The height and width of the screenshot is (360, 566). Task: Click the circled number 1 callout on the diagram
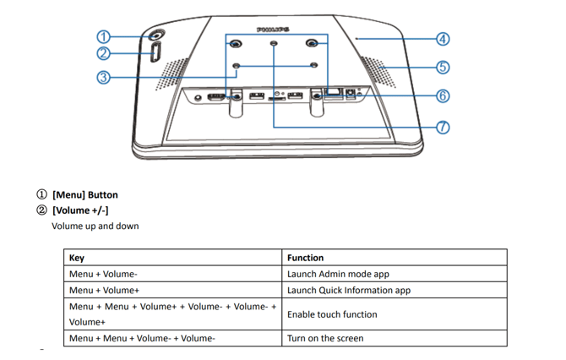pos(103,36)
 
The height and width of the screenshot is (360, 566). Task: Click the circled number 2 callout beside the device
pos(103,53)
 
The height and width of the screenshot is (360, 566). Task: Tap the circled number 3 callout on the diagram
pos(103,77)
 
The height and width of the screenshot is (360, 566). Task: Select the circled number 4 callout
pos(443,39)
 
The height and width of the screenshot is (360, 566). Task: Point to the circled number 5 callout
pos(443,67)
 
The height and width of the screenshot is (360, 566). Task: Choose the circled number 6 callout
pos(443,95)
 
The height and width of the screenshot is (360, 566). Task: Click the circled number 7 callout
pos(443,128)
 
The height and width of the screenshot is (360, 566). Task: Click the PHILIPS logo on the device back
pos(274,29)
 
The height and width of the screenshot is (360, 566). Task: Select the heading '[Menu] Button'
pos(84,194)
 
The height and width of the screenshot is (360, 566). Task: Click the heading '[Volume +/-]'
pos(79,210)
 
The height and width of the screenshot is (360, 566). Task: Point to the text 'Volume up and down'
pos(95,226)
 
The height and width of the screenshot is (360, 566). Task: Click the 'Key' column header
pos(77,258)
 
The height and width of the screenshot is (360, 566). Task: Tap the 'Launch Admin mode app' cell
pos(338,274)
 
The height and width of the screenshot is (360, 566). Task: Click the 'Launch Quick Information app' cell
pos(348,290)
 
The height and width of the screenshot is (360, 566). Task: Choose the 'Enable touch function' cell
pos(332,314)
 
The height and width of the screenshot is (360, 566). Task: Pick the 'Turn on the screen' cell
pos(325,338)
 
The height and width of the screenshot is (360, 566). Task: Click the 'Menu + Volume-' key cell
pos(103,274)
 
